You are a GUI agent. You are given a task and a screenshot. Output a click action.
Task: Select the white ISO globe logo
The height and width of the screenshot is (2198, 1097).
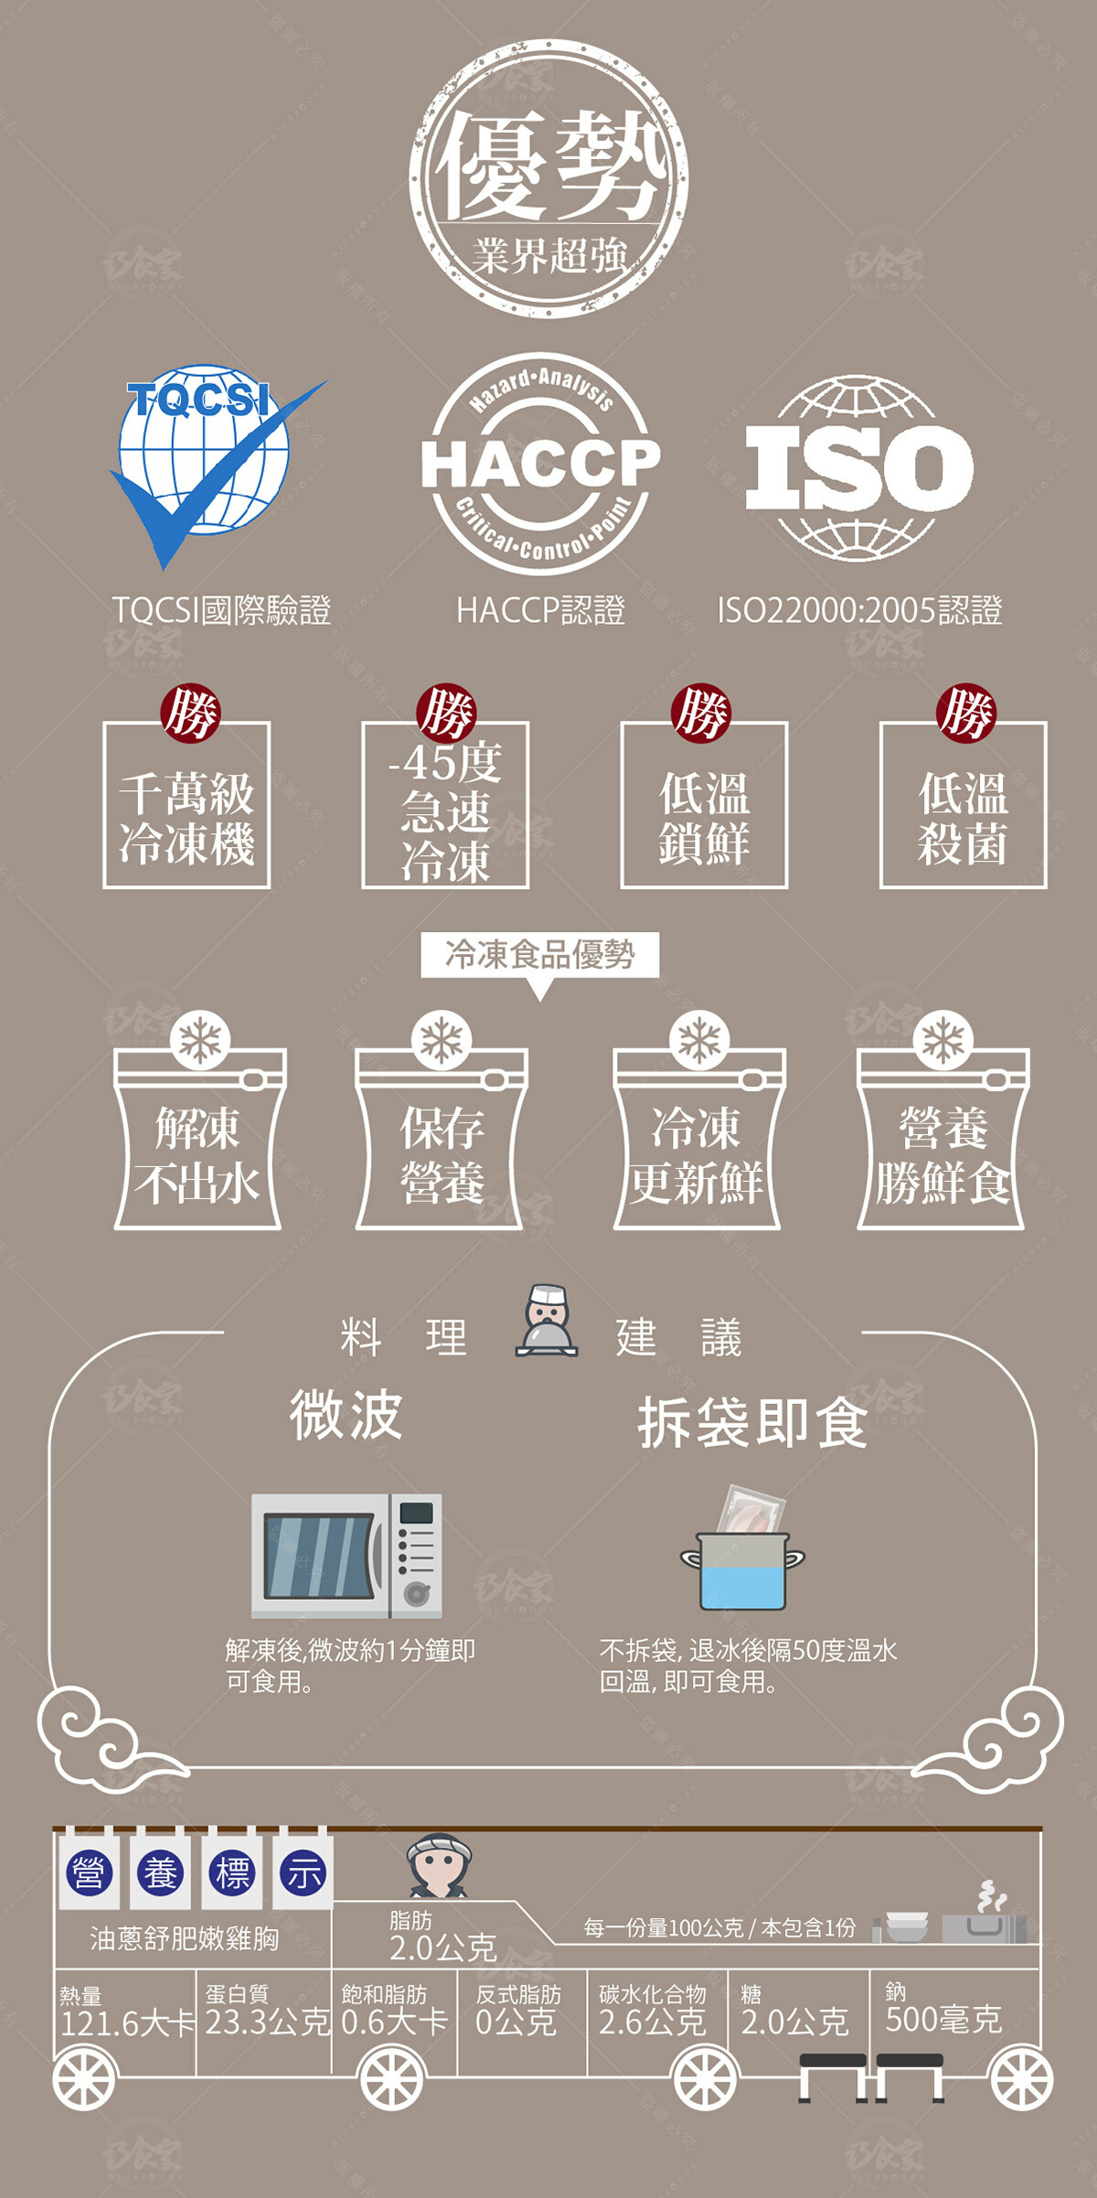pyautogui.click(x=859, y=466)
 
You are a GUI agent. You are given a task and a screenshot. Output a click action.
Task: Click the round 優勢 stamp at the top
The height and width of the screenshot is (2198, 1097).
pyautogui.click(x=548, y=178)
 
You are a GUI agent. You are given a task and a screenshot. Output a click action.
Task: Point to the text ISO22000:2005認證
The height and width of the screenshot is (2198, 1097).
pyautogui.click(x=859, y=610)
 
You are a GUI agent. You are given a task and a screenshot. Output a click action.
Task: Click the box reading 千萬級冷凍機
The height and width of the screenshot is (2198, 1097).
pyautogui.click(x=186, y=805)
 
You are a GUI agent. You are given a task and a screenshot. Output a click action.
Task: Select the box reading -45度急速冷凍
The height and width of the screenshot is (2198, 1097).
pyautogui.click(x=445, y=805)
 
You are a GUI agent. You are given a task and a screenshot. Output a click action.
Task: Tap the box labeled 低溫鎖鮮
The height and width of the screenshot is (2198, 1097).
pyautogui.click(x=704, y=805)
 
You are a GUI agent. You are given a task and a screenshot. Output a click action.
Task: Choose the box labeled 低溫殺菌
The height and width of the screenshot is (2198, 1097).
pyautogui.click(x=963, y=805)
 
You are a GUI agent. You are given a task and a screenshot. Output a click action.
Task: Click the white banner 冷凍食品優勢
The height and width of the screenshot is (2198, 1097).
pyautogui.click(x=539, y=954)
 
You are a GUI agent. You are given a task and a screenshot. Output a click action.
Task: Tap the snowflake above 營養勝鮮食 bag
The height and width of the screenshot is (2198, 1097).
pyautogui.click(x=943, y=1040)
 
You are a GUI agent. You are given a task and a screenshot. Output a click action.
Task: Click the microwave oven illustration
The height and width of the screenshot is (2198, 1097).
pyautogui.click(x=346, y=1555)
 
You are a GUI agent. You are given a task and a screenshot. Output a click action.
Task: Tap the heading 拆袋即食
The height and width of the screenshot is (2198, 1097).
pyautogui.click(x=752, y=1422)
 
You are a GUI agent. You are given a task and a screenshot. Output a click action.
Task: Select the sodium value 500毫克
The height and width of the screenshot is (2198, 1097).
pyautogui.click(x=943, y=2019)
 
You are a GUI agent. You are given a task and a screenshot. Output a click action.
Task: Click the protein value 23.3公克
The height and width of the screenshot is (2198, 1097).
pyautogui.click(x=266, y=2021)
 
